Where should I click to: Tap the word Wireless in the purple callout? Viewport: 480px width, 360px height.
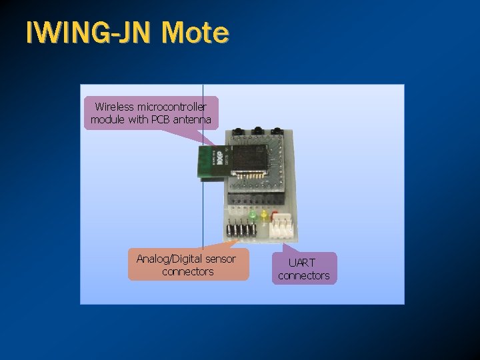pyautogui.click(x=115, y=107)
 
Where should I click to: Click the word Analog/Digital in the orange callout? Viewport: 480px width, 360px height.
pyautogui.click(x=169, y=259)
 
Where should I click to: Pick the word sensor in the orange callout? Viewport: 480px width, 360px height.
pyautogui.click(x=221, y=259)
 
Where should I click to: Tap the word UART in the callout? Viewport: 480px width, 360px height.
pyautogui.click(x=303, y=263)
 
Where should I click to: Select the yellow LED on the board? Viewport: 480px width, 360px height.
pyautogui.click(x=264, y=215)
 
